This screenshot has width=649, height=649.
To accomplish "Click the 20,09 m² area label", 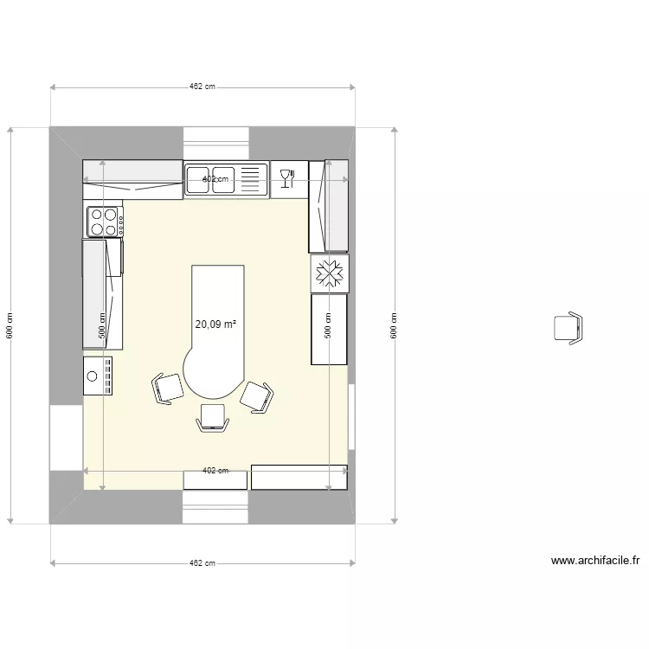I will [x=215, y=324].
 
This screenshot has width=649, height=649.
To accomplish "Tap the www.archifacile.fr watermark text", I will [x=594, y=561].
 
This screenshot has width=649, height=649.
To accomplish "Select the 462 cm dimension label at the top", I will [x=202, y=87].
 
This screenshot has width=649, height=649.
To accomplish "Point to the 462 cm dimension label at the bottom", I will [x=202, y=563].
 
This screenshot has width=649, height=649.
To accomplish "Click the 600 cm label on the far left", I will [x=10, y=324].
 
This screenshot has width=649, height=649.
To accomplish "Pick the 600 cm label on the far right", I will [x=395, y=324].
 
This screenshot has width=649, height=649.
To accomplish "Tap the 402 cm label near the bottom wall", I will [x=215, y=471].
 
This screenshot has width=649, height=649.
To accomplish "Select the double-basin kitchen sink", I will [x=212, y=179].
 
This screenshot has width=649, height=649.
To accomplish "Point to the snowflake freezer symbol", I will [x=329, y=273].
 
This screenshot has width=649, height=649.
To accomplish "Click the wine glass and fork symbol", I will [x=288, y=179].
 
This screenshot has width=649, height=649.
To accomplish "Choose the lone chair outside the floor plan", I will [x=568, y=328].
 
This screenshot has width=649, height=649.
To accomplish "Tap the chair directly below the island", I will [x=212, y=418].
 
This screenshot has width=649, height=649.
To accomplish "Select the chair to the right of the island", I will [x=257, y=396].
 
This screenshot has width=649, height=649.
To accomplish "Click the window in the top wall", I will [x=215, y=138].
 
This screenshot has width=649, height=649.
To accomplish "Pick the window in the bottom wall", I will [x=215, y=507].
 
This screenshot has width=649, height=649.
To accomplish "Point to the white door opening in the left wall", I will [x=66, y=437].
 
